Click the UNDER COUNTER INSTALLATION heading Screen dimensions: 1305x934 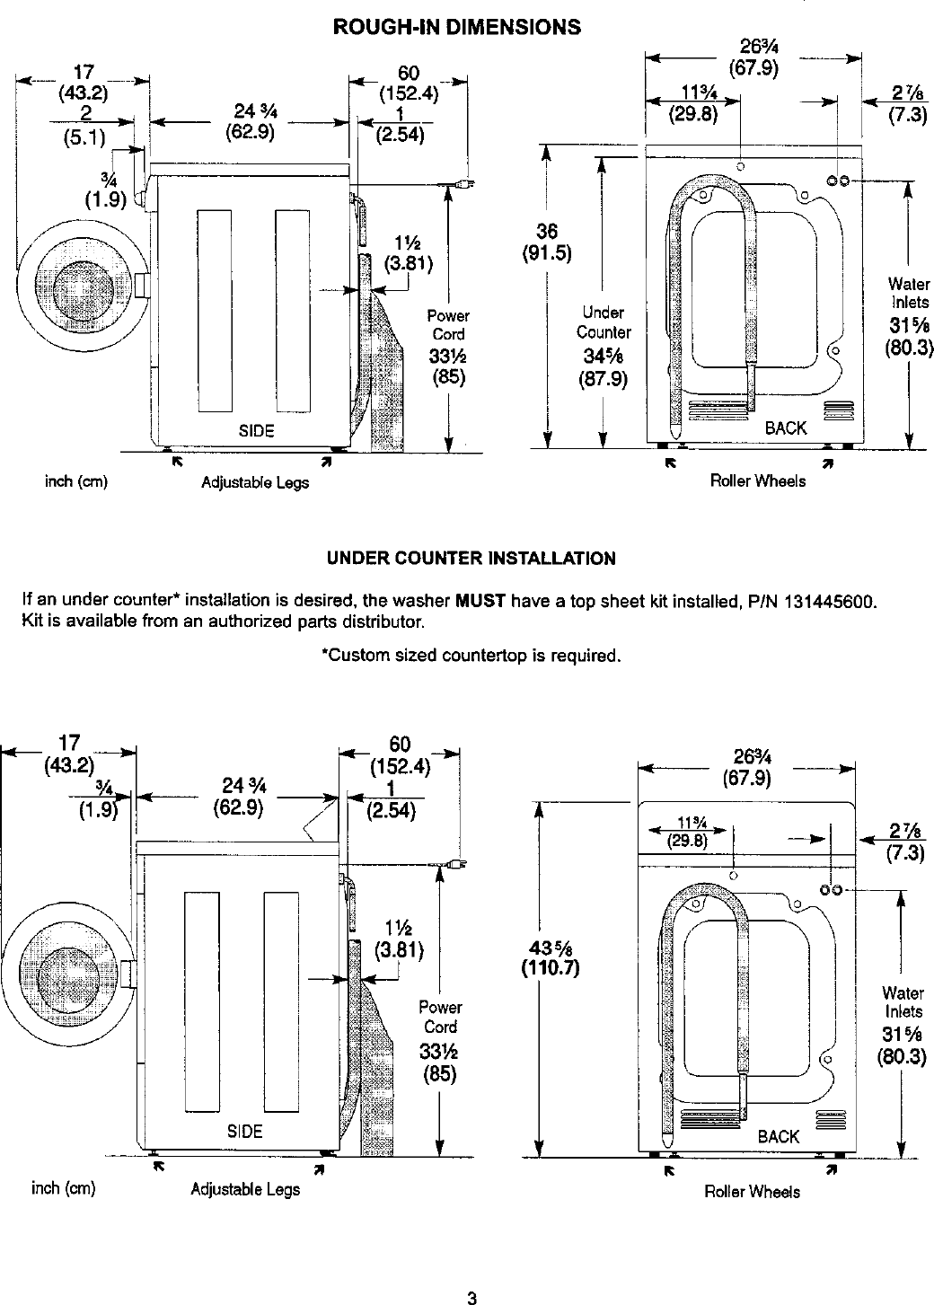pyautogui.click(x=471, y=559)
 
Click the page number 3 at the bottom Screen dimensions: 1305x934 pyautogui.click(x=470, y=1297)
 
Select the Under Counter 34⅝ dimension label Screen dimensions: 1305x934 pyautogui.click(x=603, y=345)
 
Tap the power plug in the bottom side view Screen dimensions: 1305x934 pyautogui.click(x=455, y=865)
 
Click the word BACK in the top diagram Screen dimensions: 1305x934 pyautogui.click(x=786, y=428)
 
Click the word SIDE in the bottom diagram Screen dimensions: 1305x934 pyautogui.click(x=244, y=1132)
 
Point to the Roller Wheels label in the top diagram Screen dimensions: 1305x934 pyautogui.click(x=758, y=481)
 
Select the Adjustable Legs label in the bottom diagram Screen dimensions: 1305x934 pyautogui.click(x=245, y=1190)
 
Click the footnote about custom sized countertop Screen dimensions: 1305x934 pyautogui.click(x=471, y=655)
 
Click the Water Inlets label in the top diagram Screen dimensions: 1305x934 pyautogui.click(x=909, y=294)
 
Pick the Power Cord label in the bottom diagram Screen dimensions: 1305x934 pyautogui.click(x=440, y=1018)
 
